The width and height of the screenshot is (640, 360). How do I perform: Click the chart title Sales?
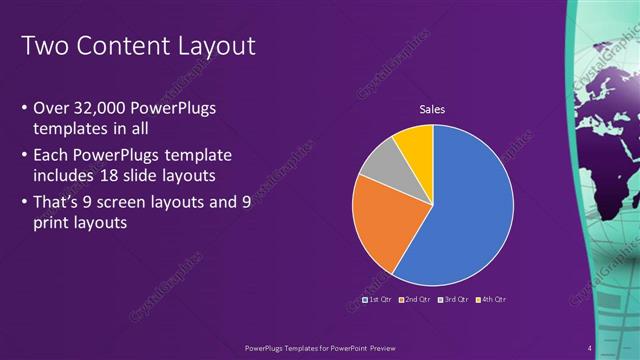click(x=432, y=110)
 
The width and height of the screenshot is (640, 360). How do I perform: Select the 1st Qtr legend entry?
click(x=376, y=299)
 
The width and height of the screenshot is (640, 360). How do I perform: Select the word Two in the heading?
click(x=42, y=45)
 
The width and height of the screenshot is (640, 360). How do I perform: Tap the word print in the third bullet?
click(x=52, y=225)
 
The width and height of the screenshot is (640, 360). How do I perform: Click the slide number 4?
click(x=590, y=348)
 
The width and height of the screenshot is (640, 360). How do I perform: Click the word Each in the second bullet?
click(x=52, y=156)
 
